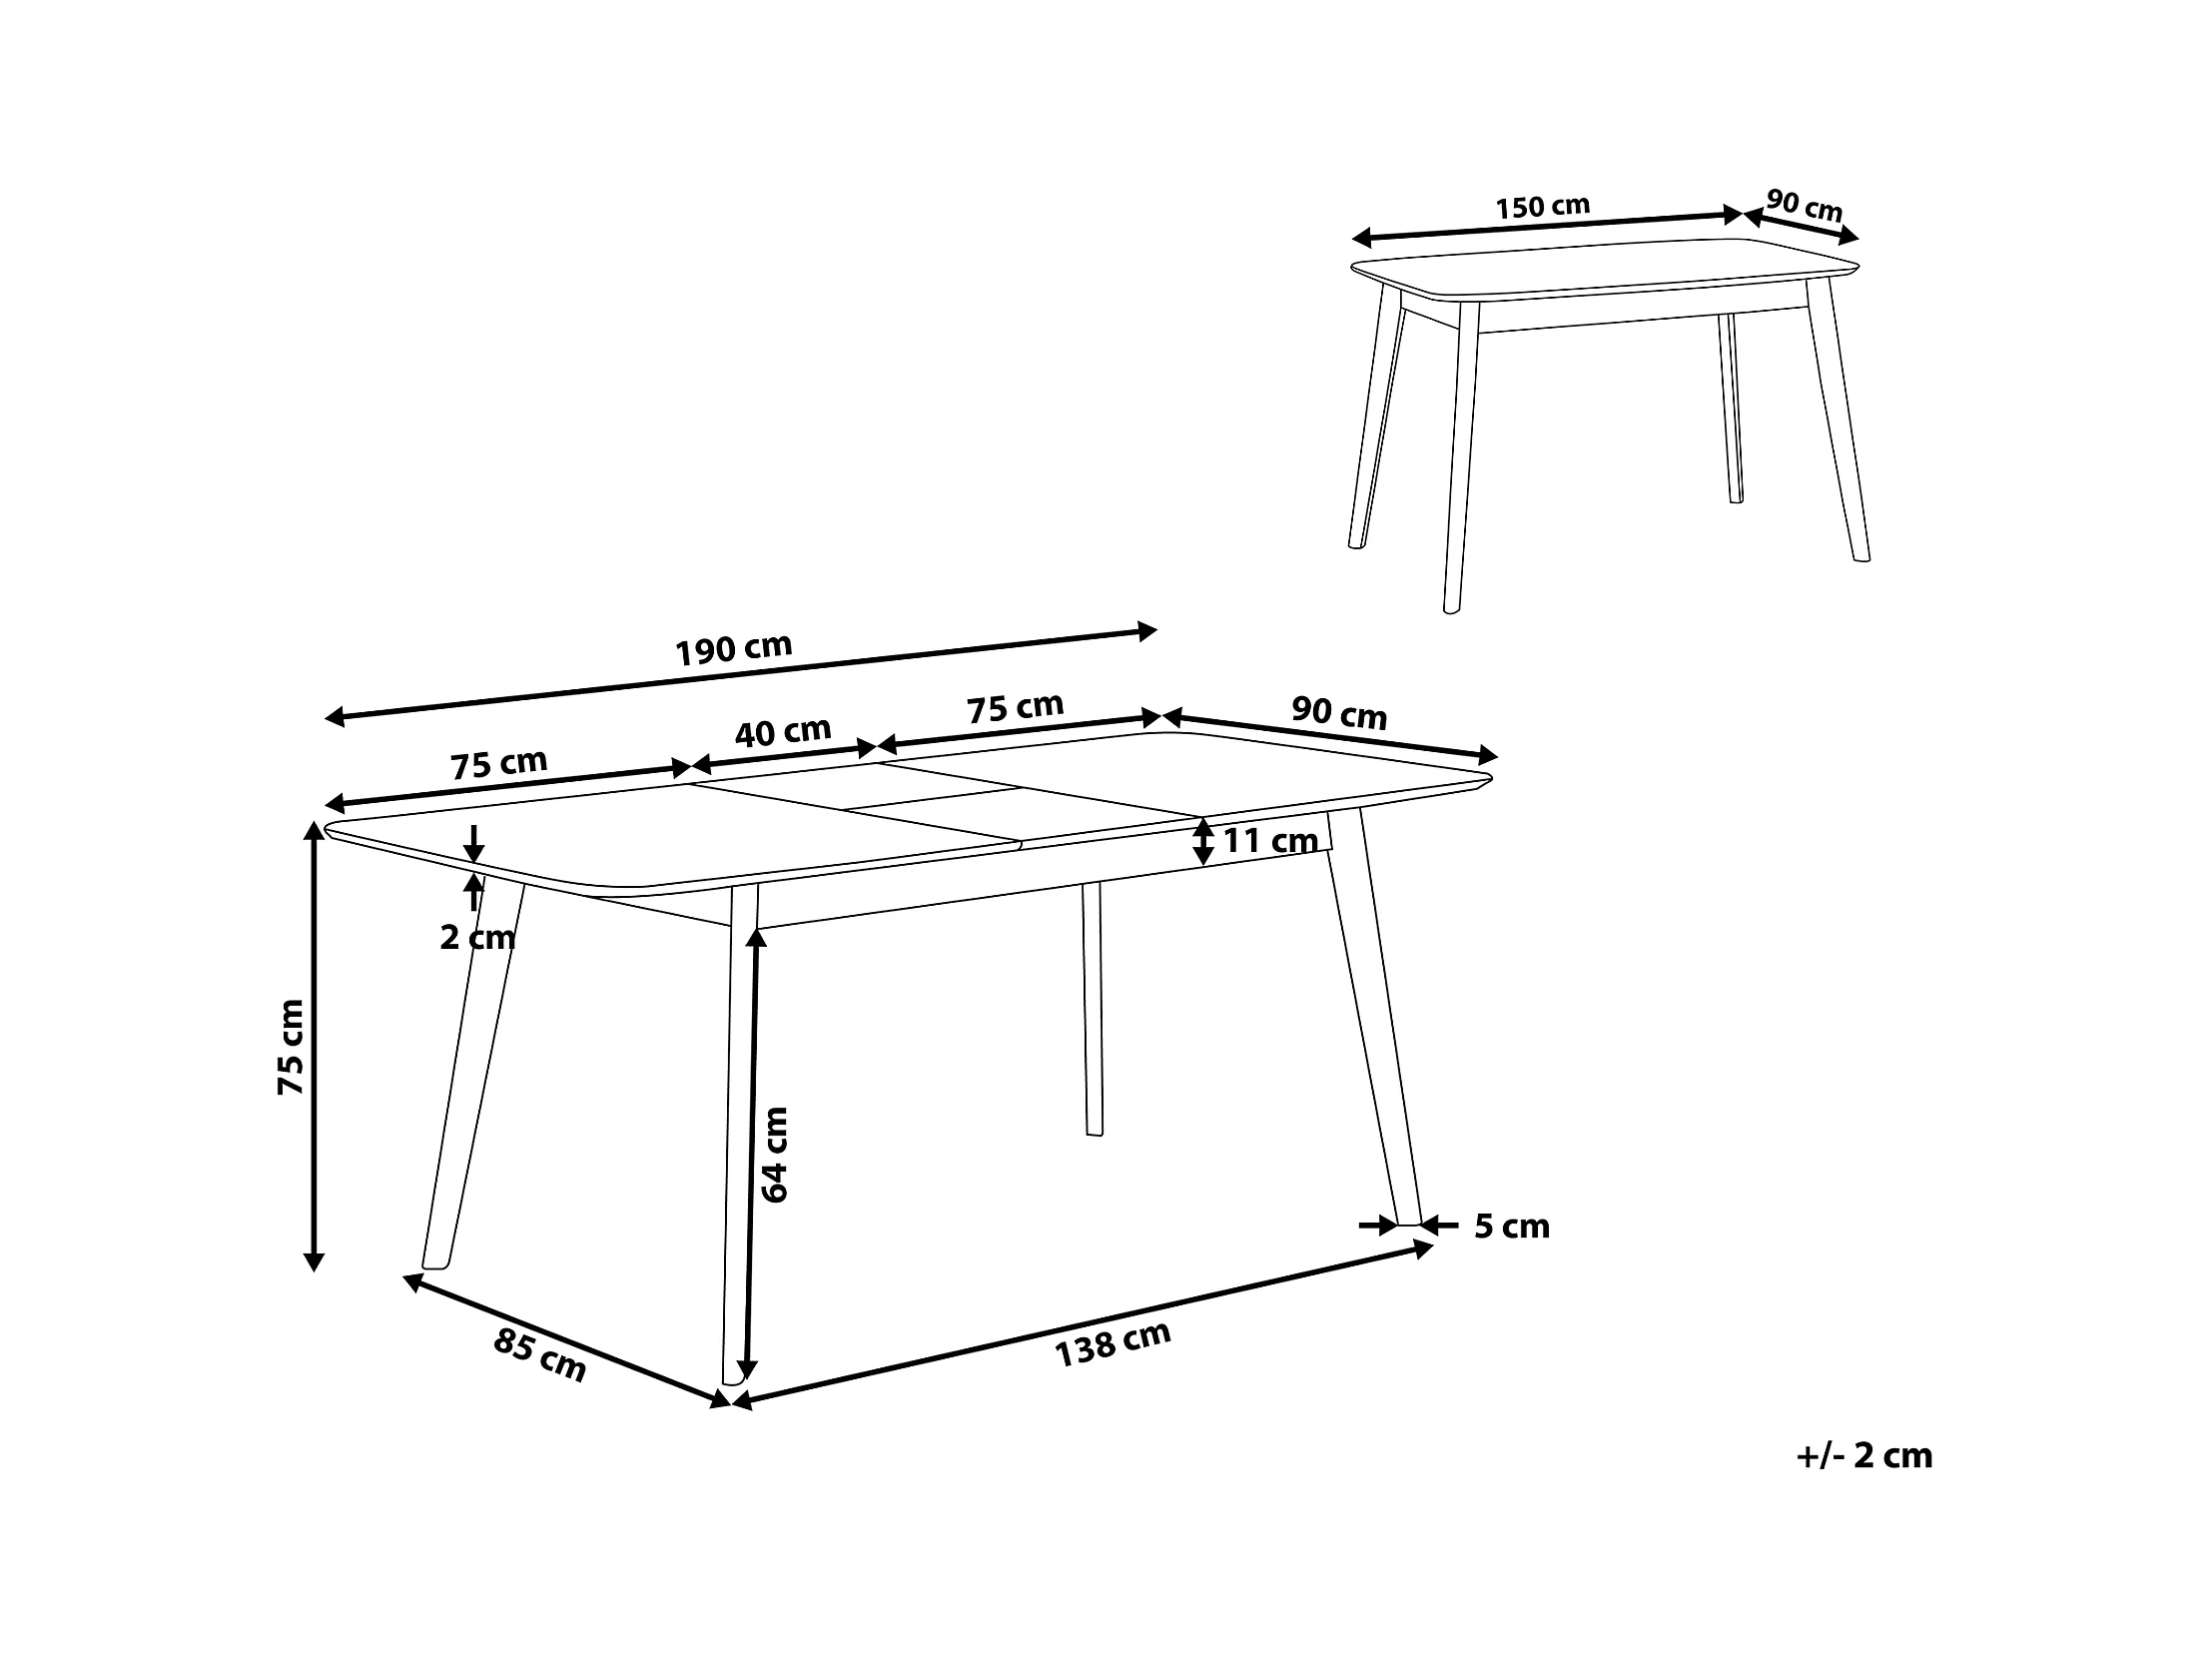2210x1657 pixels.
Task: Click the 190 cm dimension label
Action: (734, 649)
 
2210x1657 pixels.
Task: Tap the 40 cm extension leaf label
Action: (783, 731)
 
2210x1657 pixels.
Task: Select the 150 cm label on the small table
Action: (1543, 207)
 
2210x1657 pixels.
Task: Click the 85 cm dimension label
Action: (539, 1356)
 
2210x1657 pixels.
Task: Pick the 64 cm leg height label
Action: (774, 1155)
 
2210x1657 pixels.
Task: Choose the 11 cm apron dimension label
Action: (1271, 842)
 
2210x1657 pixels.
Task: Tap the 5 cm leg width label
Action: (1512, 1227)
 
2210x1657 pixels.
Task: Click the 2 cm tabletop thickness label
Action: (477, 938)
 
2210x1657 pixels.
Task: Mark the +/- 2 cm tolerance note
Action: (1864, 1456)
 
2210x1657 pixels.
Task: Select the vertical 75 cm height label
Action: (291, 1048)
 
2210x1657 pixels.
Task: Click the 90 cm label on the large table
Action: (1340, 713)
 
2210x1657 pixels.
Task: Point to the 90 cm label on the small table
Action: (1805, 206)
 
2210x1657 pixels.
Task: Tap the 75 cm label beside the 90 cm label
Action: (1015, 707)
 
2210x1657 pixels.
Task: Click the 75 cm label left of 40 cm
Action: (498, 763)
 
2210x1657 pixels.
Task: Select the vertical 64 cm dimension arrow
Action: (751, 1156)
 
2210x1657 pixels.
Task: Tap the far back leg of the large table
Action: (1092, 1009)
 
